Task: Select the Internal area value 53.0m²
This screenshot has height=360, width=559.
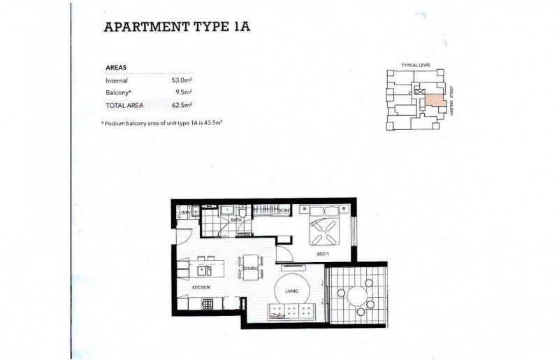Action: pos(182,81)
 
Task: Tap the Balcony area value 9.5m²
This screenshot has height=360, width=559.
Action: pos(184,92)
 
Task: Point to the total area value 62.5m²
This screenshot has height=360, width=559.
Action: pos(182,105)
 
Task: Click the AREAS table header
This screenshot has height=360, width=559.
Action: pos(115,68)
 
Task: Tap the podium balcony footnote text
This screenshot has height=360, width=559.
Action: pos(166,122)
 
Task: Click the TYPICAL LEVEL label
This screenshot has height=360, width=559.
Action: pos(415,65)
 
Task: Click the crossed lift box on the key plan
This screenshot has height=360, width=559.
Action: pos(419,92)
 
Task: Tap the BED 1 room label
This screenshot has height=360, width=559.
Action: pos(323,253)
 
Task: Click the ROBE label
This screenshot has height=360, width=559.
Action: pos(284,210)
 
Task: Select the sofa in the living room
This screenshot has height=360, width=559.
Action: pos(293,312)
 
